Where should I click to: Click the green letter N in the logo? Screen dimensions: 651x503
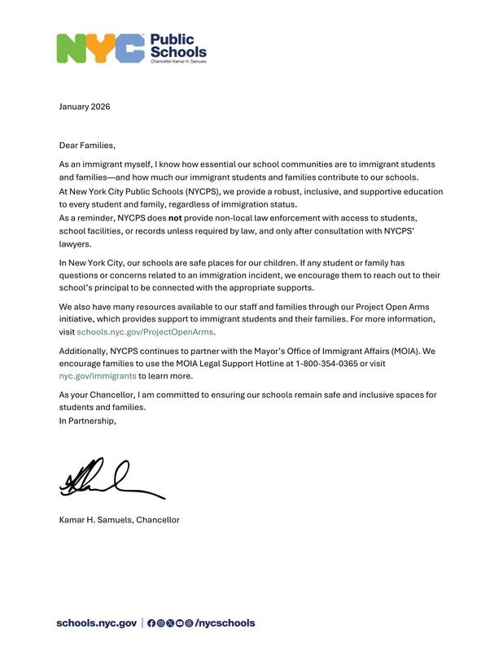tap(72, 49)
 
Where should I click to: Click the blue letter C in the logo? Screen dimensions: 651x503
tap(129, 49)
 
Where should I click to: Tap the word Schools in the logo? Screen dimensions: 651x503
tap(178, 51)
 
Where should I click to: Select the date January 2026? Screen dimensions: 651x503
tap(84, 107)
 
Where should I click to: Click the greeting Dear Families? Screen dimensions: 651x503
tap(87, 146)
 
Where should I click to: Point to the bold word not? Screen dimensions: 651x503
tap(174, 219)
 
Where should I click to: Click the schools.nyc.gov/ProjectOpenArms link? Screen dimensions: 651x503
tap(146, 333)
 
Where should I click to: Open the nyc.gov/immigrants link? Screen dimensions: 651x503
tap(97, 377)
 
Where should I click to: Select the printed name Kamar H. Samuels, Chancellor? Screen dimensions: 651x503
tap(119, 520)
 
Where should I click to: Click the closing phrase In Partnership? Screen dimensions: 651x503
tap(87, 421)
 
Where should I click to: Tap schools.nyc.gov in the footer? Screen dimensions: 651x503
tap(96, 623)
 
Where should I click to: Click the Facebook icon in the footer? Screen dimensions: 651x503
tap(151, 623)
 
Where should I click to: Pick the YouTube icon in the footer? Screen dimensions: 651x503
tap(180, 623)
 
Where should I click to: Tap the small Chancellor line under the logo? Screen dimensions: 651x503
tap(178, 63)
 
